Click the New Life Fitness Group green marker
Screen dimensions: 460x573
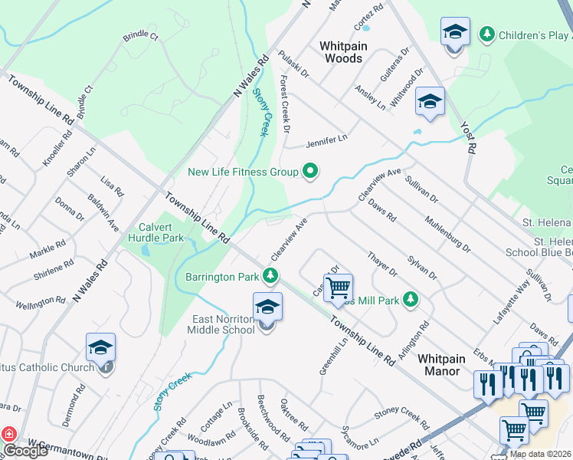tap(310, 171)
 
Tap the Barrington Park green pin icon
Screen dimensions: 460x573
tap(270, 275)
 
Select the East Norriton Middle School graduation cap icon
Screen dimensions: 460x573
tap(267, 306)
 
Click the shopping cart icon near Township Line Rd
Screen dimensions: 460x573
tap(338, 288)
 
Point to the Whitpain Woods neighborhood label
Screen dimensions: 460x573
tap(344, 52)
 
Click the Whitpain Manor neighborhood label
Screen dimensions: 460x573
tap(439, 364)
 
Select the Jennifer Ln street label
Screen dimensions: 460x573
tap(326, 140)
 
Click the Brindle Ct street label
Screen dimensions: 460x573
tap(140, 36)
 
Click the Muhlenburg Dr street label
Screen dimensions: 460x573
tap(448, 233)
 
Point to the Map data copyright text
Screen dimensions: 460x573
tap(541, 454)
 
